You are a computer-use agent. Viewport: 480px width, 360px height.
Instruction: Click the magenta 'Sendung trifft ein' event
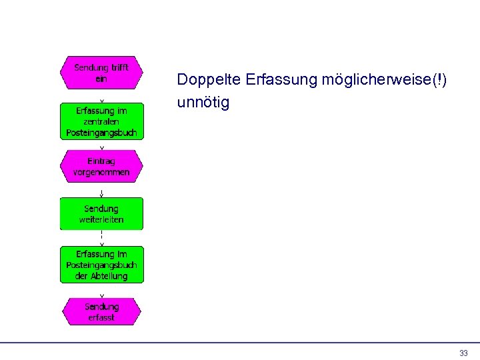101,73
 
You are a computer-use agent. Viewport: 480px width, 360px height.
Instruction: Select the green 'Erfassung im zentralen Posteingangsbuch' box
101,121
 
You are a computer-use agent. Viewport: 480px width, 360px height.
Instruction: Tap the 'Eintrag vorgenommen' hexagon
101,166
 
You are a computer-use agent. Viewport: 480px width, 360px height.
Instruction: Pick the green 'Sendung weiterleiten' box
101,214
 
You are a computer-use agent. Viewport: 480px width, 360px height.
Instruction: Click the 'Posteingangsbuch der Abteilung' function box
101,265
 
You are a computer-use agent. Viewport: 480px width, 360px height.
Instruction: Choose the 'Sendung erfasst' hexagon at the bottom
101,312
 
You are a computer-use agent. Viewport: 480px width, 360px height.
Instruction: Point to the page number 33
463,353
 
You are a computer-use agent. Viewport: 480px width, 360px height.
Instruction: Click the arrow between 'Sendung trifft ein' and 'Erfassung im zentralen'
101,96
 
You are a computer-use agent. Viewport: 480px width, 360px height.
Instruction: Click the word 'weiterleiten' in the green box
101,219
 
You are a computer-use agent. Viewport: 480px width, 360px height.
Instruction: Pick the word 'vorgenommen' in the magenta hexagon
101,172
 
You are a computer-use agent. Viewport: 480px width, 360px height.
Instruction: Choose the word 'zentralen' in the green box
101,122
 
